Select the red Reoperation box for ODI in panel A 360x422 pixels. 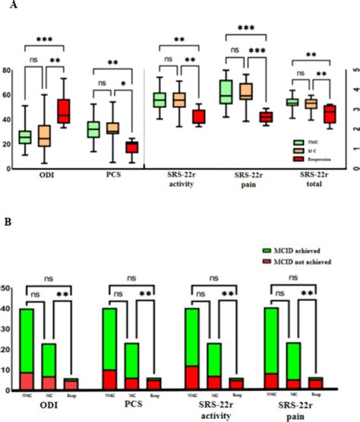coord(58,110)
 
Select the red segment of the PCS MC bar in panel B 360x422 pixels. coord(111,384)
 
